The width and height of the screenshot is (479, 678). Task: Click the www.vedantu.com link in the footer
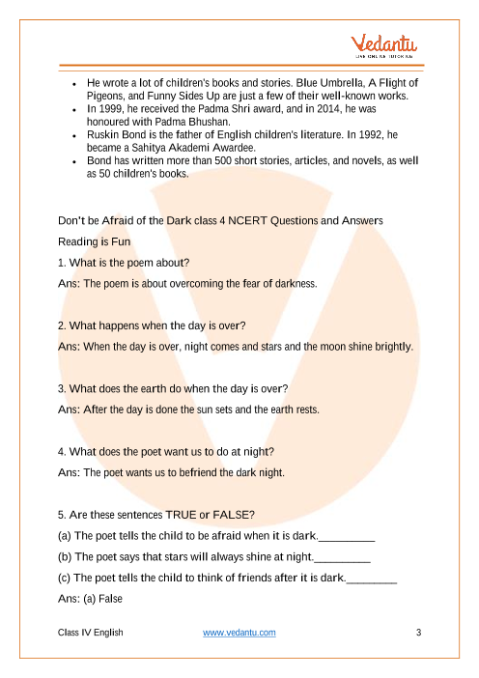click(239, 632)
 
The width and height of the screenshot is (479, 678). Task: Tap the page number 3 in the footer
click(418, 632)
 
